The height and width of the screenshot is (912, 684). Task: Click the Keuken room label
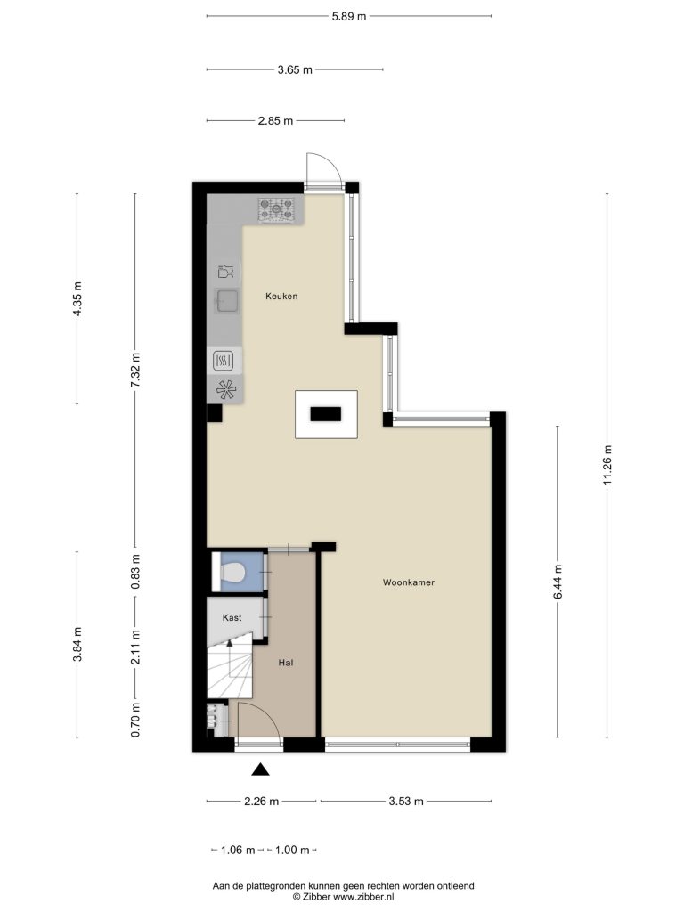pyautogui.click(x=281, y=296)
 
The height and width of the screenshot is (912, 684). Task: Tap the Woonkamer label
pyautogui.click(x=408, y=582)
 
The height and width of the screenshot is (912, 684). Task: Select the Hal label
pyautogui.click(x=286, y=663)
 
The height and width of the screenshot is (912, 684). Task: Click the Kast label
pyautogui.click(x=232, y=618)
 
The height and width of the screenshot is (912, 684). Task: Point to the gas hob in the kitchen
pyautogui.click(x=276, y=209)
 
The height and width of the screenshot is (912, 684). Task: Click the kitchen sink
pyautogui.click(x=226, y=301)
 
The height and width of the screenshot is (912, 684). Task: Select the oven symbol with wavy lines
pyautogui.click(x=224, y=361)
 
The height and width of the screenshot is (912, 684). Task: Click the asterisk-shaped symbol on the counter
pyautogui.click(x=225, y=389)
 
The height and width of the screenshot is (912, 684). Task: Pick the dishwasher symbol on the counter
pyautogui.click(x=225, y=271)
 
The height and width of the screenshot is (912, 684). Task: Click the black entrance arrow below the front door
pyautogui.click(x=261, y=769)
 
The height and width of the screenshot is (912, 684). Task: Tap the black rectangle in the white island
pyautogui.click(x=326, y=414)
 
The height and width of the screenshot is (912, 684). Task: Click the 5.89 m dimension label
pyautogui.click(x=349, y=16)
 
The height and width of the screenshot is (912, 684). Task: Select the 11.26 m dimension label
pyautogui.click(x=607, y=465)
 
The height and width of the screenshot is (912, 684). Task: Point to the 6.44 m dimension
pyautogui.click(x=558, y=582)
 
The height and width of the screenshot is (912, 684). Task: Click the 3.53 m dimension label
pyautogui.click(x=406, y=802)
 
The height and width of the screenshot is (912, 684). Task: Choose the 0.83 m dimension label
pyautogui.click(x=135, y=572)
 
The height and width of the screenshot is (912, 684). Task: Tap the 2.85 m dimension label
pyautogui.click(x=276, y=121)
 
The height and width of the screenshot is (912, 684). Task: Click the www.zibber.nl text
pyautogui.click(x=363, y=897)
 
